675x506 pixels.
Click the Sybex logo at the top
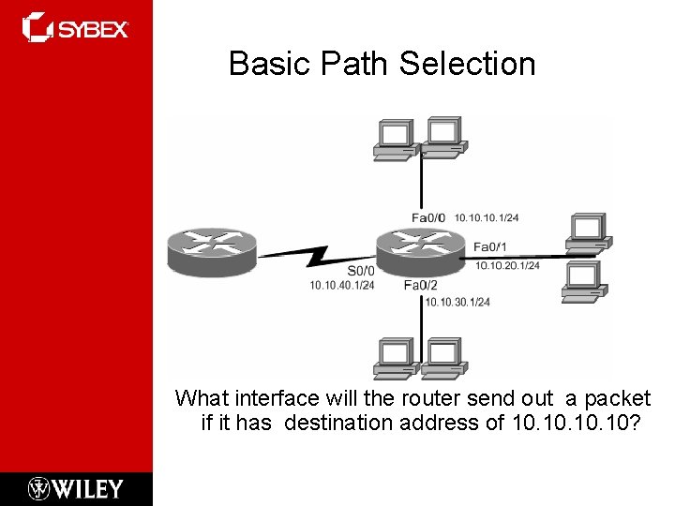(x=76, y=28)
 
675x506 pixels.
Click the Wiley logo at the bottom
(x=76, y=488)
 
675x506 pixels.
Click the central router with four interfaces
(x=420, y=249)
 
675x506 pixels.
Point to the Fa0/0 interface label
(x=429, y=217)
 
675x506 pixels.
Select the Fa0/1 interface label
(x=490, y=247)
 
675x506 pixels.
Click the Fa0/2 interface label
(x=421, y=285)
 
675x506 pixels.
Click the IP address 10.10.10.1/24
(x=487, y=217)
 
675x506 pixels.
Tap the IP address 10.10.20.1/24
(x=507, y=266)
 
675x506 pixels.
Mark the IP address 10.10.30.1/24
(x=457, y=301)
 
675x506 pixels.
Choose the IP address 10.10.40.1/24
(x=342, y=285)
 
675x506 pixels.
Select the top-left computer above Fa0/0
(x=394, y=140)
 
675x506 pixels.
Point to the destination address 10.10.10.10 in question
(x=577, y=423)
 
